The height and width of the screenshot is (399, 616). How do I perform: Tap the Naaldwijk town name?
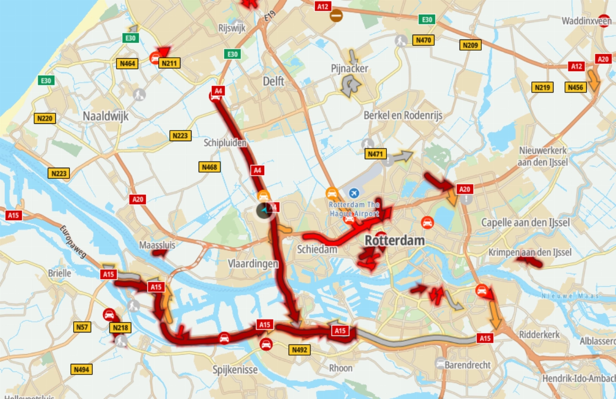tap(105, 116)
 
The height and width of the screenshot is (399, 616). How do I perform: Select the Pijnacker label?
tap(349, 68)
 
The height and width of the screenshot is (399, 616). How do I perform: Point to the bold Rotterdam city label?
tap(395, 240)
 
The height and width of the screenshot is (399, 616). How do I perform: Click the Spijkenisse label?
tap(235, 370)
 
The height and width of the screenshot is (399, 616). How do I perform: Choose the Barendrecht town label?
tap(468, 365)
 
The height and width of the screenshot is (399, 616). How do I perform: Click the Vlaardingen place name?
tap(253, 264)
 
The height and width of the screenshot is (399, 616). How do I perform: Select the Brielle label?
tap(60, 273)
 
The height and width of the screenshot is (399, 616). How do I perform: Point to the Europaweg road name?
tap(73, 241)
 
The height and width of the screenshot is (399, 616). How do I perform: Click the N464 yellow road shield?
tap(128, 64)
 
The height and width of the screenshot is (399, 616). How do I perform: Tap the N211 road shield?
tap(170, 63)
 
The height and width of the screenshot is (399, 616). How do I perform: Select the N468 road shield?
tap(210, 167)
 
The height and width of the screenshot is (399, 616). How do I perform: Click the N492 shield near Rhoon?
tap(299, 350)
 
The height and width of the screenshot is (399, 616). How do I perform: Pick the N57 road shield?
tap(82, 327)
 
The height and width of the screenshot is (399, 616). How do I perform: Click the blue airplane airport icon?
tap(354, 193)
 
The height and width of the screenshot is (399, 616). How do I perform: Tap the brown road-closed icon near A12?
tap(336, 15)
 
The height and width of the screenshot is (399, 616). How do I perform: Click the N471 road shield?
tap(376, 154)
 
